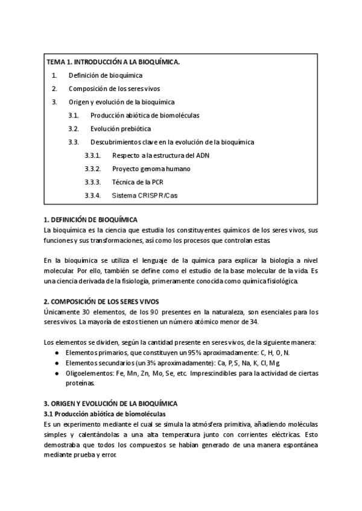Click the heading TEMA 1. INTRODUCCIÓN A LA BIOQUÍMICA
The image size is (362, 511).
tap(113, 61)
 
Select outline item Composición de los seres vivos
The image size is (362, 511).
tap(114, 89)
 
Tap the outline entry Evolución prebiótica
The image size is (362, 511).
tap(121, 128)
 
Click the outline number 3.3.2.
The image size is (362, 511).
tap(92, 169)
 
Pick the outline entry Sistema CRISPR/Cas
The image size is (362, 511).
tap(145, 195)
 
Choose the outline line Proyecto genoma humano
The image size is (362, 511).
tap(151, 169)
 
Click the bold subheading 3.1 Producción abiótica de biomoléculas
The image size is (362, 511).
tap(104, 414)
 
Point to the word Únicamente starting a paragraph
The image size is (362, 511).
tap(62, 312)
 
